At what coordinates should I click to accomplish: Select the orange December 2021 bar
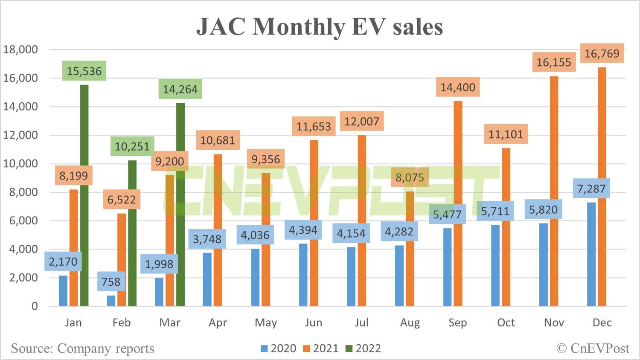(602, 188)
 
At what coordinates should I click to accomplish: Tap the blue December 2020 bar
(591, 256)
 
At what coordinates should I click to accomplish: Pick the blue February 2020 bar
(111, 300)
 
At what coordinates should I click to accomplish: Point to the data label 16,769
(602, 54)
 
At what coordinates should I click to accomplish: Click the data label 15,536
(84, 71)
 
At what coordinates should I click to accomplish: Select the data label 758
(111, 282)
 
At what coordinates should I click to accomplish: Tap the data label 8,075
(410, 177)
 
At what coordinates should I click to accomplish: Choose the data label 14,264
(180, 90)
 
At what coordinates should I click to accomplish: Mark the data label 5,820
(543, 210)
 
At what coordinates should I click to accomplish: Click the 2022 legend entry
(363, 348)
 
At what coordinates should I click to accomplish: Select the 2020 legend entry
(278, 348)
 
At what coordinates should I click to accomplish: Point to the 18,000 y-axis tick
(20, 49)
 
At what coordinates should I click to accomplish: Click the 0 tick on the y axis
(35, 306)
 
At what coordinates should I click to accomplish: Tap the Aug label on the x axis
(410, 323)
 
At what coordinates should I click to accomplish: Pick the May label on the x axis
(266, 323)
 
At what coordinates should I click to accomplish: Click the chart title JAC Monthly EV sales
(320, 26)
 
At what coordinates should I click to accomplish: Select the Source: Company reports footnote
(82, 348)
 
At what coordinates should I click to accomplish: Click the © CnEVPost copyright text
(593, 348)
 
